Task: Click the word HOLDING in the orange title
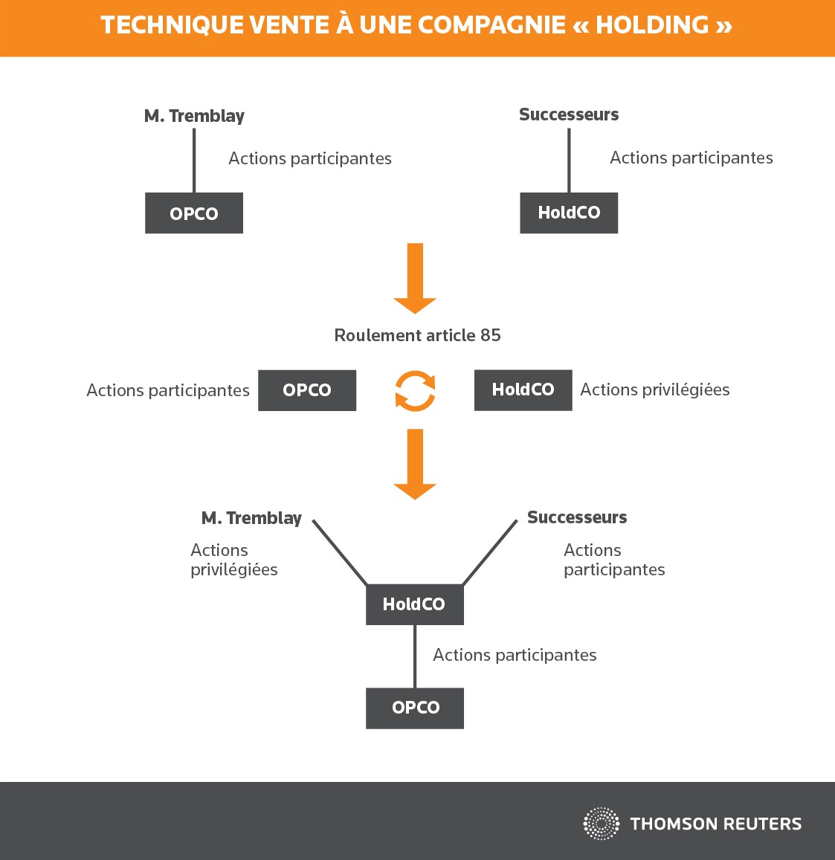coord(652,25)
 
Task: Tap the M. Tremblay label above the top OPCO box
coord(194,116)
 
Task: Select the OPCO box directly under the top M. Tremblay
coord(193,213)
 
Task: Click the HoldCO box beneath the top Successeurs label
coord(569,213)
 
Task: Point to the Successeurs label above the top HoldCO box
coord(569,114)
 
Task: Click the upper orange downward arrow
coord(415,279)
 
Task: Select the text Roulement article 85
coord(418,335)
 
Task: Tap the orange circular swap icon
coord(416,391)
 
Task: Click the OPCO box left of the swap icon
coord(307,390)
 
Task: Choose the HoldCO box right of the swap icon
coord(523,390)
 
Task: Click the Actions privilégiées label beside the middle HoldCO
coord(655,389)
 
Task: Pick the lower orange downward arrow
coord(415,464)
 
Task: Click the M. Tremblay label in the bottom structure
coord(251,518)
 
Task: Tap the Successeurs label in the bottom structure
coord(577,517)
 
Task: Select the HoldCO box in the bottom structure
coord(415,604)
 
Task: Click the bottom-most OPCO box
coord(415,708)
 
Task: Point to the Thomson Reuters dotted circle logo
coord(602,824)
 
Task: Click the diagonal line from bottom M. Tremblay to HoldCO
coord(340,552)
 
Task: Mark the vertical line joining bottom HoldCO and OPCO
coord(415,656)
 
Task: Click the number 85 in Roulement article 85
coord(491,335)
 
